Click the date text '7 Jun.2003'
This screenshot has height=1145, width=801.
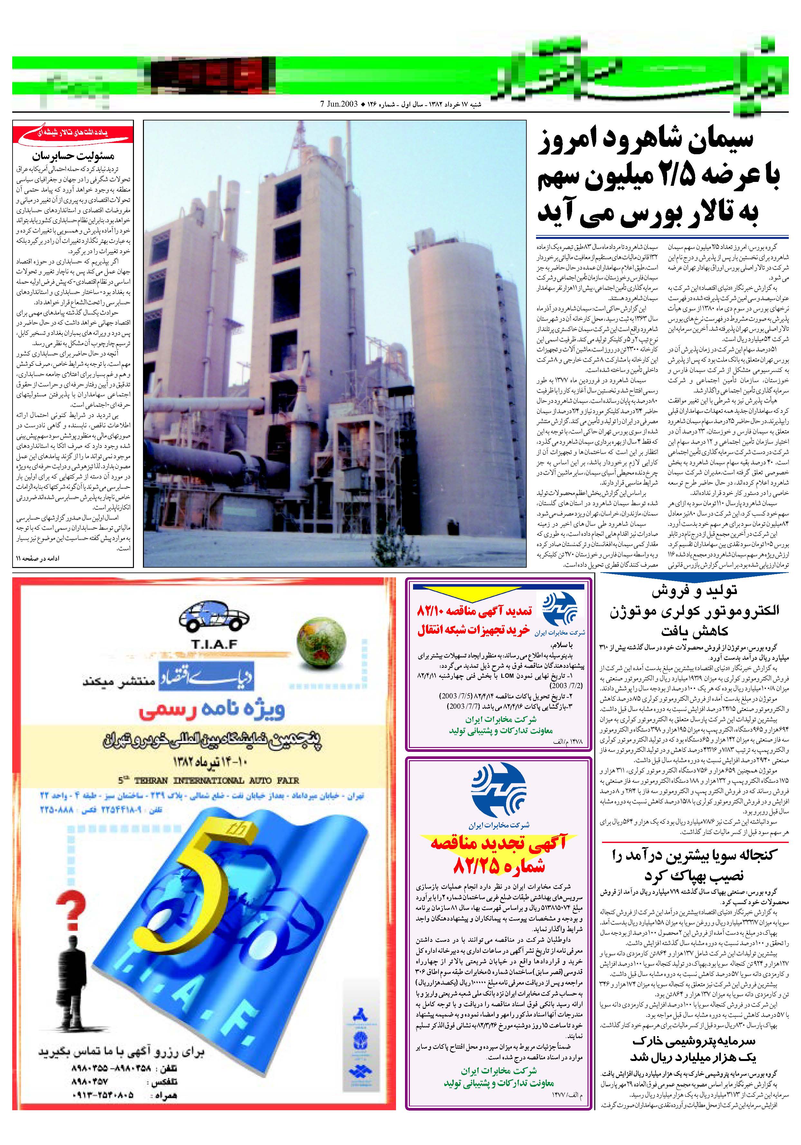(x=339, y=105)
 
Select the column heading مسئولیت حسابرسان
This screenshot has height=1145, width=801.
(x=73, y=156)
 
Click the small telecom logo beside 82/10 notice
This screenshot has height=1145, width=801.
(x=560, y=610)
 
